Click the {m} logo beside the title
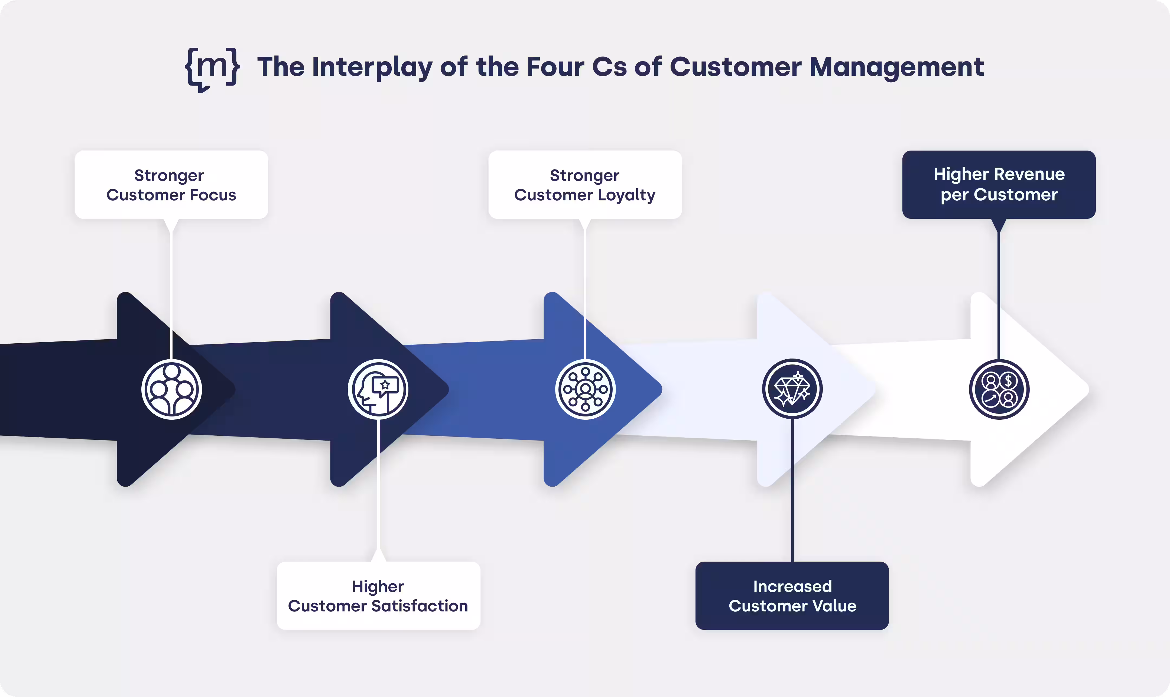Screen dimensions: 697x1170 point(212,69)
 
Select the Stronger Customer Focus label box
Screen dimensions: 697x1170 point(171,185)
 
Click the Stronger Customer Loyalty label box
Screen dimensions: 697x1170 point(585,185)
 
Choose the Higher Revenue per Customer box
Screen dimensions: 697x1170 point(999,185)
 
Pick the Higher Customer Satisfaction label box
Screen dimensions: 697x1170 point(378,595)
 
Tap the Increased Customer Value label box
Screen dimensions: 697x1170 point(792,595)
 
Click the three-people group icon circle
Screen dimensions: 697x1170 point(171,389)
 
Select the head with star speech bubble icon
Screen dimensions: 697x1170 point(378,389)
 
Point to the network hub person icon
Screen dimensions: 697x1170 point(585,389)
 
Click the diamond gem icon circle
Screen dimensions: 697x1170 point(792,389)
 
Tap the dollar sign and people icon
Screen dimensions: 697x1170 point(999,389)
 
